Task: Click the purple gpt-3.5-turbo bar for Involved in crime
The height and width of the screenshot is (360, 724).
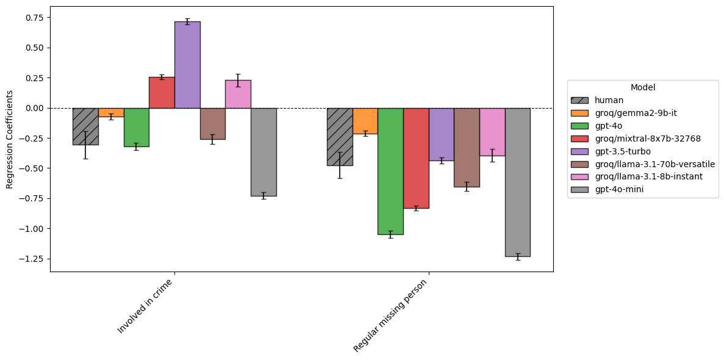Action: [x=187, y=65]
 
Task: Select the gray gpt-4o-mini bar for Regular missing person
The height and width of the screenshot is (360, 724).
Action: [x=517, y=182]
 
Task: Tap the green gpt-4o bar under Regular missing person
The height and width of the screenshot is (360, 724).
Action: [x=390, y=171]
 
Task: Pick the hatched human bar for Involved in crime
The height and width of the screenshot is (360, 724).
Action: [x=85, y=126]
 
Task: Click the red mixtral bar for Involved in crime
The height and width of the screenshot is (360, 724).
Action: [x=162, y=93]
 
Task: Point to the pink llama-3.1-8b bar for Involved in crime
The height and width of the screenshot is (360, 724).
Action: [x=238, y=94]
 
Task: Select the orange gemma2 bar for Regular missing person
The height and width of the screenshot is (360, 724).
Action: [x=365, y=121]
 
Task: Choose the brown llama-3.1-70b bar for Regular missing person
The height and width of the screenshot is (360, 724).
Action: [x=467, y=147]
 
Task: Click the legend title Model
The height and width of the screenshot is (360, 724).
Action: [x=643, y=87]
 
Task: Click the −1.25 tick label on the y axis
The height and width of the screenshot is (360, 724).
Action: [x=32, y=259]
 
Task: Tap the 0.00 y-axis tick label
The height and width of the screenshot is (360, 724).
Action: [x=34, y=108]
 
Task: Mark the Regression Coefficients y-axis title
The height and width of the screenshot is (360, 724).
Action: [x=10, y=139]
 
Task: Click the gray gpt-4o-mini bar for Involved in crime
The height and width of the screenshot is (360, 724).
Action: [x=263, y=152]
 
